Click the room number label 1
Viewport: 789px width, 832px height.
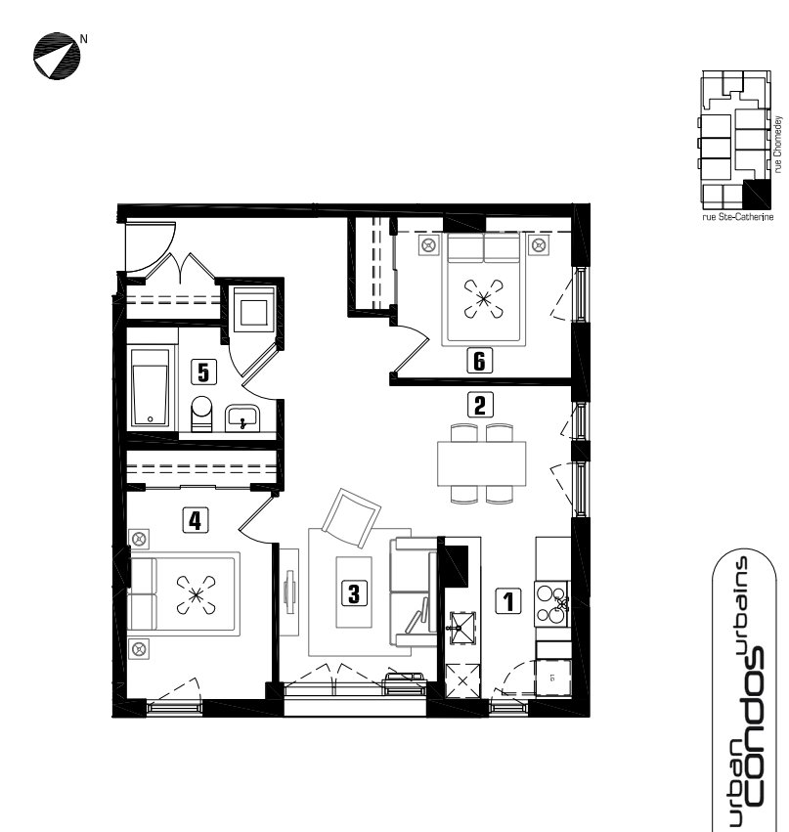(x=507, y=601)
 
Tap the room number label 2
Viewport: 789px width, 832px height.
(x=480, y=405)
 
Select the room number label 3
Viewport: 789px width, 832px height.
(x=354, y=592)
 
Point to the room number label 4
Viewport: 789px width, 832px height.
(x=196, y=520)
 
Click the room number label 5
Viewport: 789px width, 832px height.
(x=203, y=372)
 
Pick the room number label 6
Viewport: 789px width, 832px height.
(x=479, y=361)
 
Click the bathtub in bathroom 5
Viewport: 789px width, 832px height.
(x=151, y=387)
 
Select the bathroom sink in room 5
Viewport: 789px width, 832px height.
(x=242, y=418)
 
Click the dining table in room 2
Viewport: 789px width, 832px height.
(x=481, y=463)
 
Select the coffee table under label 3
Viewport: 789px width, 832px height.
(x=354, y=591)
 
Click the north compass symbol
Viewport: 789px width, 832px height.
(x=57, y=56)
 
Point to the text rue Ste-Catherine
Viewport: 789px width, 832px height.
(x=737, y=217)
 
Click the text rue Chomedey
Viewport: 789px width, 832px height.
(x=778, y=145)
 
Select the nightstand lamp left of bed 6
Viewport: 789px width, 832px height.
(x=429, y=245)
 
